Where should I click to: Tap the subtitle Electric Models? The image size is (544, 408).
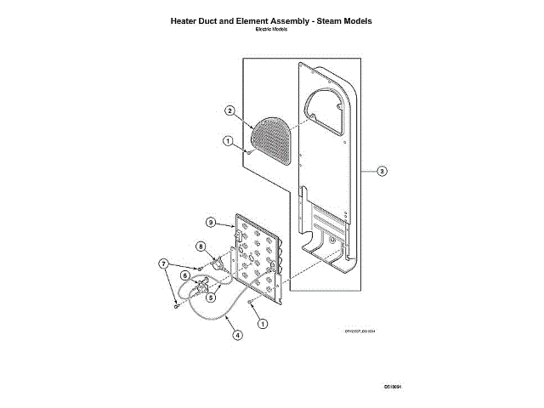(272, 29)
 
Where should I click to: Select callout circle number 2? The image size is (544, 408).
(229, 110)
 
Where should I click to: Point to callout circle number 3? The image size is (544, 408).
(382, 172)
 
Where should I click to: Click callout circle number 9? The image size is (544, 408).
(211, 222)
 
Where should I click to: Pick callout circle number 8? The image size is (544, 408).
(202, 246)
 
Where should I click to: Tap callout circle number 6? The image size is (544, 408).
(185, 275)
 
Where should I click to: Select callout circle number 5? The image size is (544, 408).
(211, 297)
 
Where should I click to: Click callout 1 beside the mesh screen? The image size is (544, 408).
(228, 141)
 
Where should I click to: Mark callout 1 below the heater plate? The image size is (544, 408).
(263, 323)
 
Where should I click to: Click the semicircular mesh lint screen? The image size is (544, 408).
(273, 139)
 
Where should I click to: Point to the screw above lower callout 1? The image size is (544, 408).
(249, 302)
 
